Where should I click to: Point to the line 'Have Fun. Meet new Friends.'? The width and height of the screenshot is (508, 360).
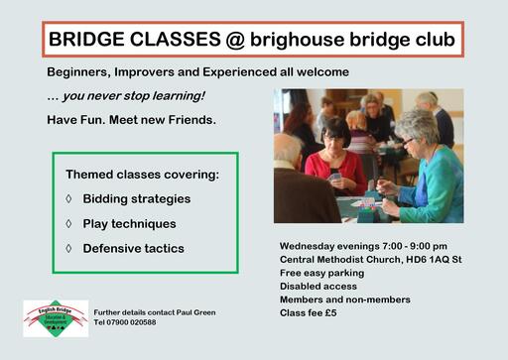[131, 120]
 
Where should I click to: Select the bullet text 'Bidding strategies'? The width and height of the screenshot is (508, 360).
[136, 198]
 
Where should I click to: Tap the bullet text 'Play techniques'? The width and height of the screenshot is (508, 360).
[129, 223]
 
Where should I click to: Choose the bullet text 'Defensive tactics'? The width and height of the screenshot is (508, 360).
[133, 248]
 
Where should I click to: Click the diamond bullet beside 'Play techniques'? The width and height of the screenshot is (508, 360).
[68, 223]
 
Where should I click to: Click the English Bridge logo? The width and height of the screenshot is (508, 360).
[56, 318]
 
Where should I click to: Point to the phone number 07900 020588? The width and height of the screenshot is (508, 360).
[139, 322]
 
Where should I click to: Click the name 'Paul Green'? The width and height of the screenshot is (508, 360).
[194, 312]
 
